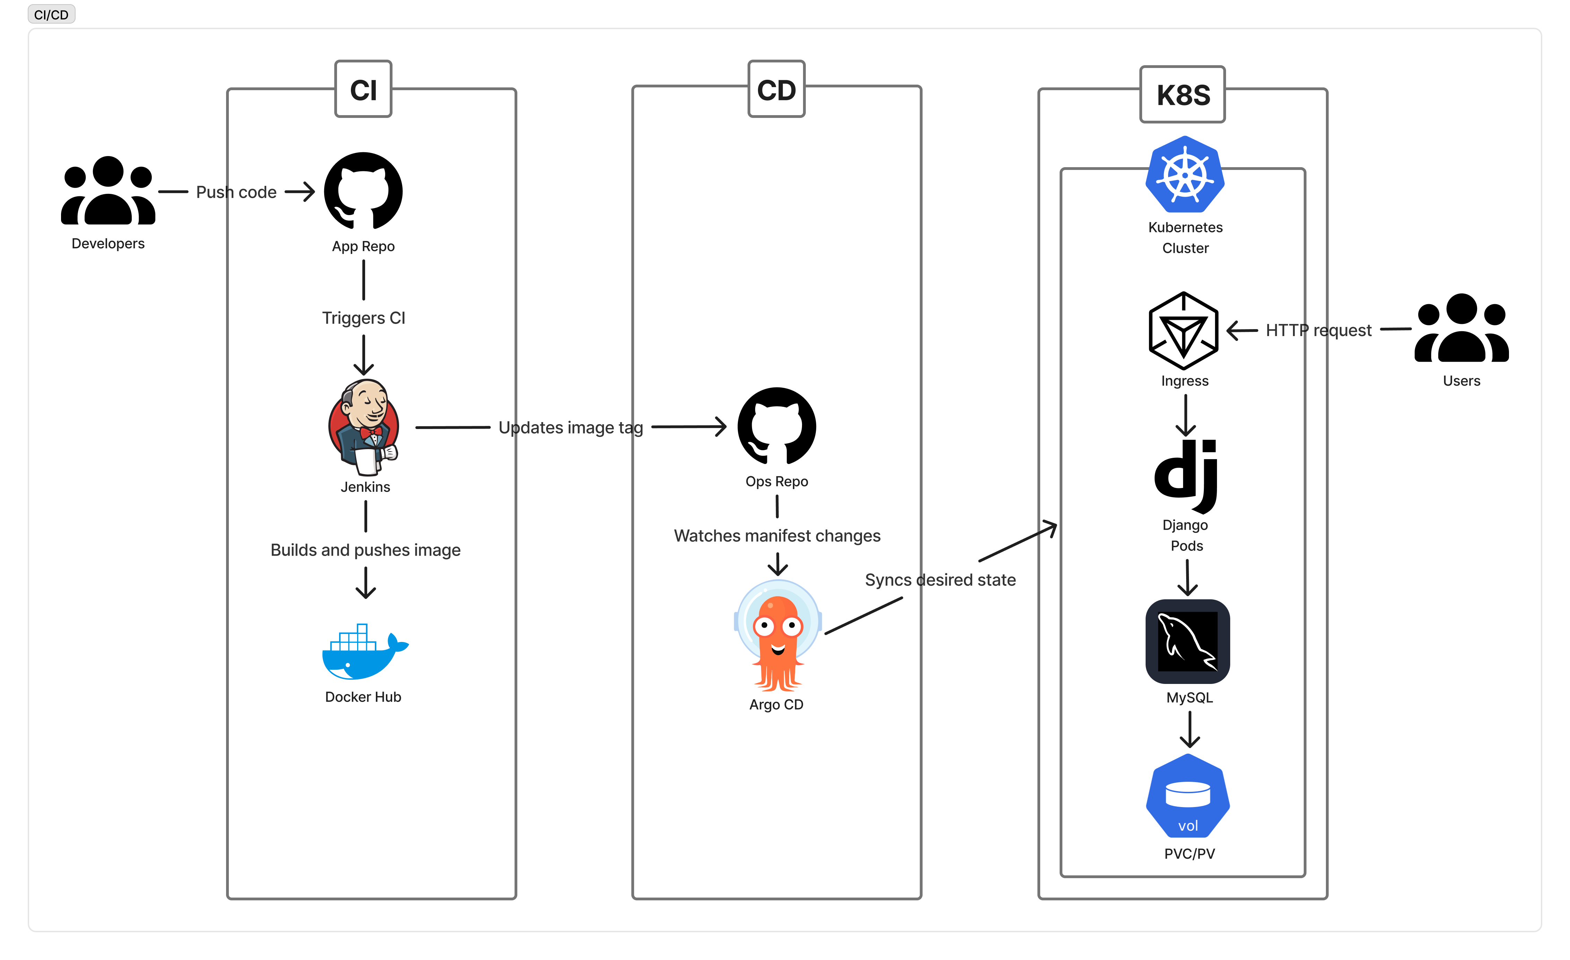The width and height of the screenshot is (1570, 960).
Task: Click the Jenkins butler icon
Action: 364,427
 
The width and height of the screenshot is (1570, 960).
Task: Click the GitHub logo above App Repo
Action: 363,191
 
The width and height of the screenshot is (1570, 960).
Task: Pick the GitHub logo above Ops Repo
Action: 777,426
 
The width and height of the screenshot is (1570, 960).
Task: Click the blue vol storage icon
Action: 1188,796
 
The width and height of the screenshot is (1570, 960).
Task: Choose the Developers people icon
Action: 108,191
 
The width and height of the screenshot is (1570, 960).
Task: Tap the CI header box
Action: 363,89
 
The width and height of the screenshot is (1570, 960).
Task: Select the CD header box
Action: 776,89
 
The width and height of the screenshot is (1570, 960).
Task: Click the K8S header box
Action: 1183,94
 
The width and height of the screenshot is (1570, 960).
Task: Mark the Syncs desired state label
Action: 940,580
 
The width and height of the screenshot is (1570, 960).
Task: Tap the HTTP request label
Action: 1318,330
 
